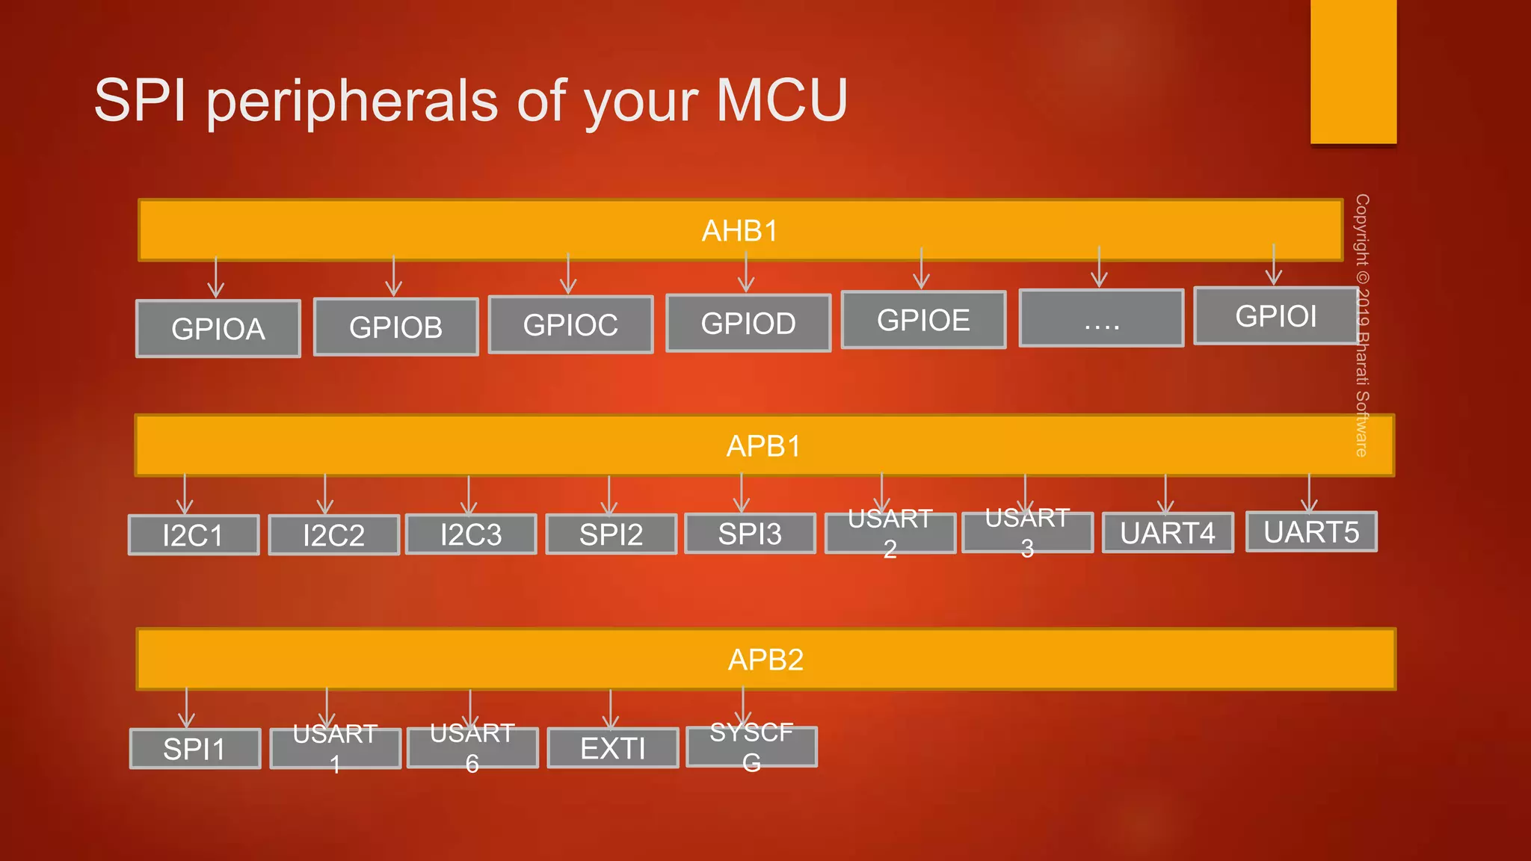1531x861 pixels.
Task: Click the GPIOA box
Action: (x=218, y=329)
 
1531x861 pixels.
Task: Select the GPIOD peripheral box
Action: (x=748, y=323)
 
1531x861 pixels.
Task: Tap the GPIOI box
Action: (x=1275, y=316)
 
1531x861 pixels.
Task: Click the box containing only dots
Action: (x=1101, y=319)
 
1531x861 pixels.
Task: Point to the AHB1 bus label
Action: (x=739, y=231)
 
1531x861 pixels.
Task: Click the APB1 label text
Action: (x=763, y=446)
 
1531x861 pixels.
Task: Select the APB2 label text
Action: (x=765, y=660)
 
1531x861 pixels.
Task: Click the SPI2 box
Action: (x=611, y=534)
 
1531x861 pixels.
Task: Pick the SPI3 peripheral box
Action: (x=750, y=534)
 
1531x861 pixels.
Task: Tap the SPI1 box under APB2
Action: (x=194, y=749)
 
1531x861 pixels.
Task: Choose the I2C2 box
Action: (x=333, y=535)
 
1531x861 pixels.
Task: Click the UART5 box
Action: (x=1311, y=532)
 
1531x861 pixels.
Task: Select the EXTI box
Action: (x=612, y=748)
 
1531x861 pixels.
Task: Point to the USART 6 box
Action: (x=472, y=747)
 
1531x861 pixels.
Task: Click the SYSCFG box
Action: (x=751, y=747)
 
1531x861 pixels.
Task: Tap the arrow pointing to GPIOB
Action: (x=394, y=277)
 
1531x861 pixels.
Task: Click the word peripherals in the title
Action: (x=351, y=101)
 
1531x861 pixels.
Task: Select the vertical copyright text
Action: (x=1361, y=325)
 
